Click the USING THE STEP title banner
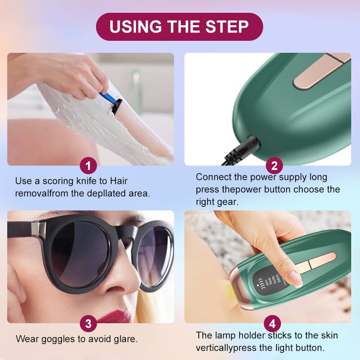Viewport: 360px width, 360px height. click(179, 27)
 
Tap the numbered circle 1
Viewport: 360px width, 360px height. click(88, 166)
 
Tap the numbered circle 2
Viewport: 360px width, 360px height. click(274, 166)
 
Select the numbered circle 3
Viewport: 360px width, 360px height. click(88, 324)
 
